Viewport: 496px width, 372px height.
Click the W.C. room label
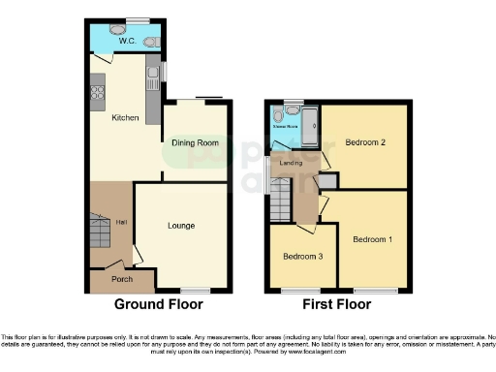[x=126, y=41]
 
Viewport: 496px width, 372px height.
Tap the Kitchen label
[x=125, y=118]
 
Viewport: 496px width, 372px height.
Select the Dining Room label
[x=195, y=142]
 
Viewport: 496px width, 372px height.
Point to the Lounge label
[x=181, y=226]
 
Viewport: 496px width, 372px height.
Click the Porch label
[x=122, y=280]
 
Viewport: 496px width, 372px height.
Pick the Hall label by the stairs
[x=121, y=223]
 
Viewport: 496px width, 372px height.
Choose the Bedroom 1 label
[x=372, y=238]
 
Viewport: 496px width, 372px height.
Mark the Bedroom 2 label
[x=365, y=142]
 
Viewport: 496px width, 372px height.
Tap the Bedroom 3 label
[x=301, y=258]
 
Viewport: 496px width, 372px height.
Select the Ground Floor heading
[x=159, y=304]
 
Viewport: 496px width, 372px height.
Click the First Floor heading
[x=337, y=304]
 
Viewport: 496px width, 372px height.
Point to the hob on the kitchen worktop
[x=97, y=93]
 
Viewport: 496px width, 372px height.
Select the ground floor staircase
[x=99, y=232]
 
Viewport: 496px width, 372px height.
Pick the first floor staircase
[x=279, y=201]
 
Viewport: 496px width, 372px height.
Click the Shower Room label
[x=285, y=126]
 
